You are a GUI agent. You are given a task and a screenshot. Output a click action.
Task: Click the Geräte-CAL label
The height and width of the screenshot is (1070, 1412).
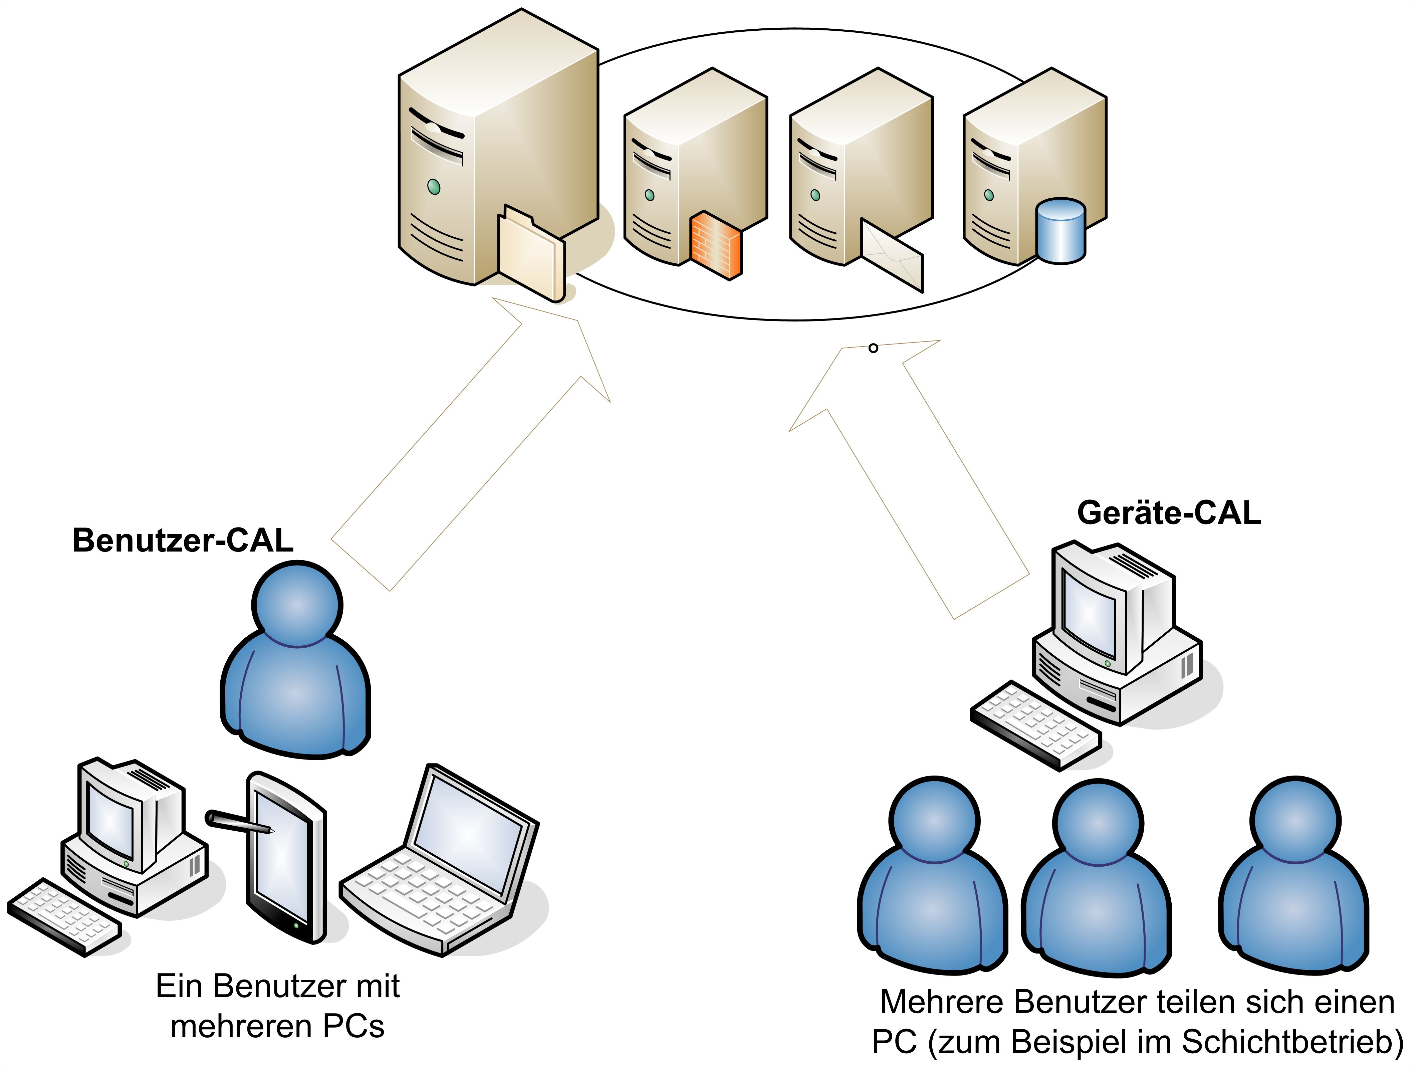tap(1169, 513)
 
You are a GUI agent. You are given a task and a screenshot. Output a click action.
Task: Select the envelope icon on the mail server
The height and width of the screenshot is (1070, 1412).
tap(892, 256)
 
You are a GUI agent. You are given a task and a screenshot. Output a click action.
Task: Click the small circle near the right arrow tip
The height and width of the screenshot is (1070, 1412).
tap(873, 348)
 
